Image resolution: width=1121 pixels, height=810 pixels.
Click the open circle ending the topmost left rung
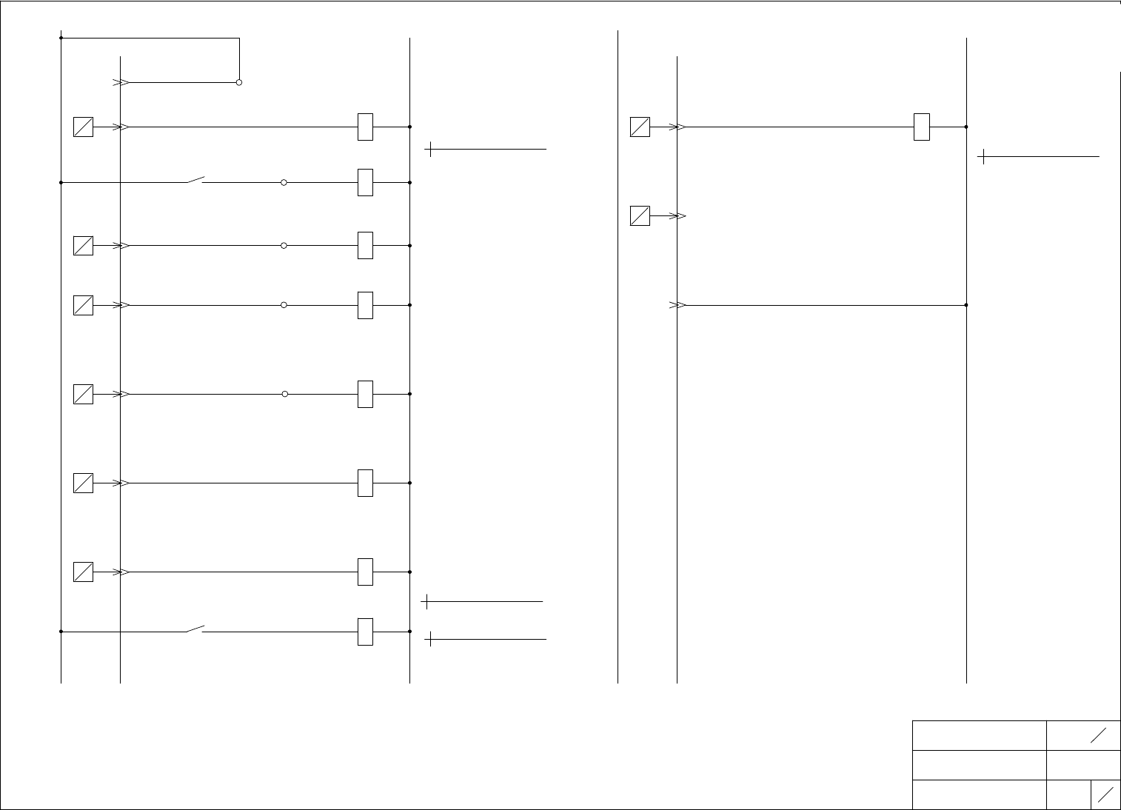point(239,82)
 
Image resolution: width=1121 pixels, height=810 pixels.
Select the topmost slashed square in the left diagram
point(83,127)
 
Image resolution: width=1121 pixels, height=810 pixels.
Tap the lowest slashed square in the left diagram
point(83,572)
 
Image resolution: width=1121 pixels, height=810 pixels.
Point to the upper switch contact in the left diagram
point(195,180)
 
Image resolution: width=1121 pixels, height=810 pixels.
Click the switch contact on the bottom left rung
point(195,629)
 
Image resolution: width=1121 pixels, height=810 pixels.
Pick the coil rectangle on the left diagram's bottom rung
point(365,632)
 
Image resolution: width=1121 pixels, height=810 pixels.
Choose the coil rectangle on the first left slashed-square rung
point(365,127)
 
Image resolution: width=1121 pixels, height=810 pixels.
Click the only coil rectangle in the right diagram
point(922,127)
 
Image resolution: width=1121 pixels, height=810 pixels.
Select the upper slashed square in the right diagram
point(640,127)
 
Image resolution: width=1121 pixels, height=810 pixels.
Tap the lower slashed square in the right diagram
point(640,216)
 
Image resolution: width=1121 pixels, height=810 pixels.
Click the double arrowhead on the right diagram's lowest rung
point(678,305)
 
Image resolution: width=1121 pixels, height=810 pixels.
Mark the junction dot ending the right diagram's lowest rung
point(967,305)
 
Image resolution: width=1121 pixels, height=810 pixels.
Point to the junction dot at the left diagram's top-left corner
point(61,38)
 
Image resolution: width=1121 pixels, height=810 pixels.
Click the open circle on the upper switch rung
point(284,182)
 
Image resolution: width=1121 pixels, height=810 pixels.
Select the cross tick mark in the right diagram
point(983,157)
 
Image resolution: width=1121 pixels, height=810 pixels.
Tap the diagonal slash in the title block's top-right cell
point(1099,735)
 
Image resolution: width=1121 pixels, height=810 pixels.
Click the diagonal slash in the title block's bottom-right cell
point(1106,794)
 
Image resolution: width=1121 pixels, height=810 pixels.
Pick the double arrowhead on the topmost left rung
point(121,83)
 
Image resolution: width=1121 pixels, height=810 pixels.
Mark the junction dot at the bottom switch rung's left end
point(61,632)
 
